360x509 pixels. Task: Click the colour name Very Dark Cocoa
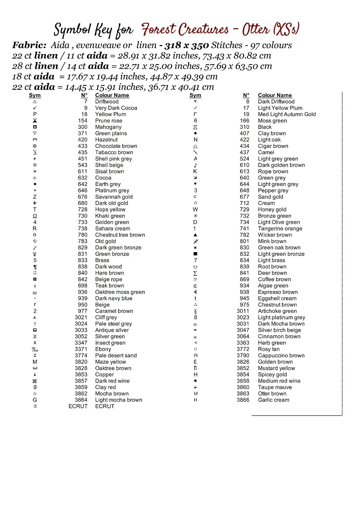pyautogui.click(x=116, y=108)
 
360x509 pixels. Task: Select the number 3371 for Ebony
pyautogui.click(x=81, y=349)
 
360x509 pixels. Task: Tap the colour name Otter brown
pyautogui.click(x=272, y=394)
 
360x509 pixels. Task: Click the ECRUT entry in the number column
pyautogui.click(x=78, y=407)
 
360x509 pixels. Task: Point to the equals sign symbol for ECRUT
pyautogui.click(x=35, y=407)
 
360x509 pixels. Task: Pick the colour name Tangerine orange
pyautogui.click(x=280, y=229)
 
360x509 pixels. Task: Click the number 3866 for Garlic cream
pyautogui.click(x=243, y=400)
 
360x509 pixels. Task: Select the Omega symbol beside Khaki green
pyautogui.click(x=35, y=216)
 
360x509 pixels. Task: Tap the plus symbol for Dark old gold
pyautogui.click(x=35, y=203)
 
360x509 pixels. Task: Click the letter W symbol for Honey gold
pyautogui.click(x=195, y=210)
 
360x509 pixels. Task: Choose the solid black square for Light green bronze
pyautogui.click(x=195, y=254)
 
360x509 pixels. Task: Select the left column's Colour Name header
pyautogui.click(x=112, y=95)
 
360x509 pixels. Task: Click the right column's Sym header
pyautogui.click(x=195, y=95)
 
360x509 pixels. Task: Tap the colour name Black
pyautogui.click(x=265, y=127)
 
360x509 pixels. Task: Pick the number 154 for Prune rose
pyautogui.click(x=83, y=121)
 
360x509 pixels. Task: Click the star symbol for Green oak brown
pyautogui.click(x=195, y=248)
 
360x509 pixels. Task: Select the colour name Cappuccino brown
pyautogui.click(x=281, y=356)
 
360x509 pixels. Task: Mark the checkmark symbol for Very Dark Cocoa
pyautogui.click(x=35, y=108)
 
